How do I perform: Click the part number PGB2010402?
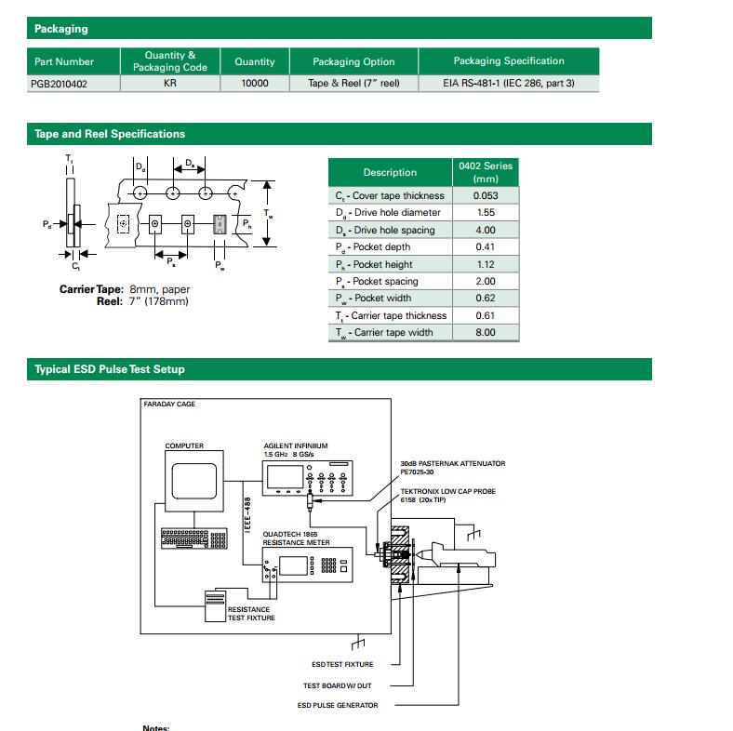[62, 83]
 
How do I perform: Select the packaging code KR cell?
[169, 83]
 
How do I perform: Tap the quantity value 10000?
[254, 83]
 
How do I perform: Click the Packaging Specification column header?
[508, 61]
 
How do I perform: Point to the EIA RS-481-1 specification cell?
[508, 83]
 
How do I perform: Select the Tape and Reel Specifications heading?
[110, 134]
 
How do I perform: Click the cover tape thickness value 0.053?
[485, 195]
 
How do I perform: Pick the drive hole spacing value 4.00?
[485, 230]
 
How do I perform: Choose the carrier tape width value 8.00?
[485, 333]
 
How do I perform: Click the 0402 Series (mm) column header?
[485, 172]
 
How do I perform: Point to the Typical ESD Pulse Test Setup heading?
[110, 369]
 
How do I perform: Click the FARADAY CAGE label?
[169, 405]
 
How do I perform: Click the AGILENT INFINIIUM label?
[295, 446]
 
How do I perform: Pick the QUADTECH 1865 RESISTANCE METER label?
[296, 538]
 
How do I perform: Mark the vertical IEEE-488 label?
[247, 514]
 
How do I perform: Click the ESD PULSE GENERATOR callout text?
[338, 705]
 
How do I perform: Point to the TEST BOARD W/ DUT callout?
[338, 685]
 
